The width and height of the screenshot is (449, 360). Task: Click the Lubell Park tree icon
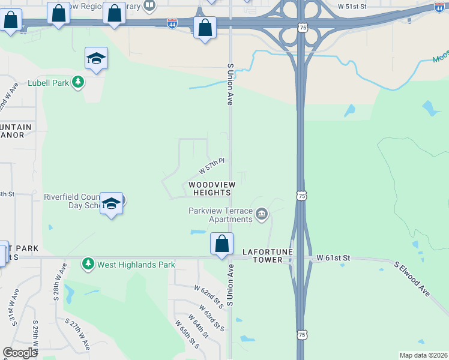pyautogui.click(x=77, y=82)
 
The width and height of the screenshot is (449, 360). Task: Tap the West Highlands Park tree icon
pyautogui.click(x=88, y=263)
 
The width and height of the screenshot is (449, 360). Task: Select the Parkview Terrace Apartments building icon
pyautogui.click(x=262, y=214)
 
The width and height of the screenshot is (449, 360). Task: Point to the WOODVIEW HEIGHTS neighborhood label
pyautogui.click(x=211, y=188)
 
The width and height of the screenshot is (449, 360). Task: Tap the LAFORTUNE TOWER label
pyautogui.click(x=262, y=256)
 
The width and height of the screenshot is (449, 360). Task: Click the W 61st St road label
pyautogui.click(x=334, y=258)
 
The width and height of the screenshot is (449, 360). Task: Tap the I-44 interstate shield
pyautogui.click(x=172, y=24)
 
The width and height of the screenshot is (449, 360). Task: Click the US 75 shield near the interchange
pyautogui.click(x=302, y=28)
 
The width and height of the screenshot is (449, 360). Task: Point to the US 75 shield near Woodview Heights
pyautogui.click(x=302, y=196)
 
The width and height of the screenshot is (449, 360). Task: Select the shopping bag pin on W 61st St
pyautogui.click(x=221, y=244)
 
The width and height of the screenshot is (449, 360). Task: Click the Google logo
pyautogui.click(x=20, y=353)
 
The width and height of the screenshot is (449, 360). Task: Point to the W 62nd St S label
pyautogui.click(x=209, y=297)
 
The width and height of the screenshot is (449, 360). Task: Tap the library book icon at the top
pyautogui.click(x=149, y=6)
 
